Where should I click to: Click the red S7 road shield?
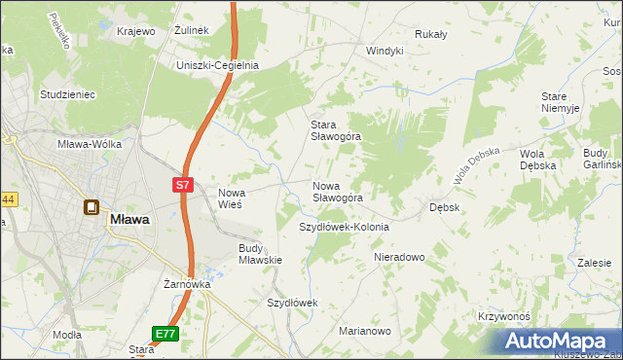point(183,184)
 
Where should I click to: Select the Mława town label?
point(129,220)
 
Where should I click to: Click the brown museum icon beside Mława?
point(91,207)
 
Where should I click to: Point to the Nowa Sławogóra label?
point(337,192)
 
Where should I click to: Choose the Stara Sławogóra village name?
point(335,130)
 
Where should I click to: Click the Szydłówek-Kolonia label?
point(343,227)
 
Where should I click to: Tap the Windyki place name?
point(384,51)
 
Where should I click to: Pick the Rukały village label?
point(430,34)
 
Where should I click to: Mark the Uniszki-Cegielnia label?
point(216,65)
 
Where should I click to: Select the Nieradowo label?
point(400,258)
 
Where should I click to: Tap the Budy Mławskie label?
point(260,254)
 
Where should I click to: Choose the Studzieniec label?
point(66,94)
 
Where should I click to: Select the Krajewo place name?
point(136,31)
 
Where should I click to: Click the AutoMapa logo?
point(558,342)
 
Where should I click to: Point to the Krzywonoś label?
point(503,317)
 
